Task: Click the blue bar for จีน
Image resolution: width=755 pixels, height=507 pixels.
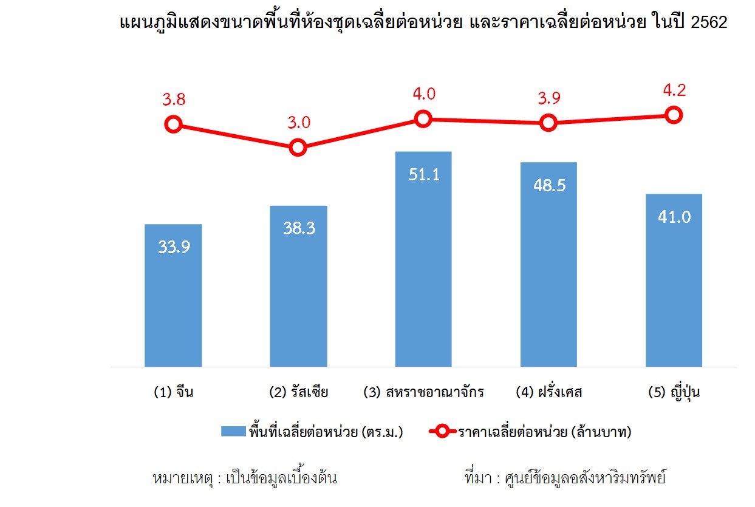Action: pyautogui.click(x=173, y=296)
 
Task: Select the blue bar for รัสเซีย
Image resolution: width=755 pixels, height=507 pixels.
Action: pyautogui.click(x=298, y=286)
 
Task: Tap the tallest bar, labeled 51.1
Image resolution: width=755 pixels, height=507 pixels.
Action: pyautogui.click(x=423, y=259)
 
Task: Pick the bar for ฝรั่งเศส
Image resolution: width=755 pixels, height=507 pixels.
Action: pyautogui.click(x=548, y=265)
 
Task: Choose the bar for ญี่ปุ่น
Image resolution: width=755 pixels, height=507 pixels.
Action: pyautogui.click(x=674, y=281)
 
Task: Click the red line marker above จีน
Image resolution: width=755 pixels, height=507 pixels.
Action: pyautogui.click(x=173, y=124)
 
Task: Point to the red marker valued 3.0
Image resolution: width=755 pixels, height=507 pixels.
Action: pyautogui.click(x=298, y=148)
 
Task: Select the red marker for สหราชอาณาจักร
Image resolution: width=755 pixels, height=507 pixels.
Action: pyautogui.click(x=423, y=118)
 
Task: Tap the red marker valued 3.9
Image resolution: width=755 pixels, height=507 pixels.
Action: pyautogui.click(x=548, y=123)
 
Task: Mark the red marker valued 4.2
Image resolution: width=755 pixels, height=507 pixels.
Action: pyautogui.click(x=673, y=114)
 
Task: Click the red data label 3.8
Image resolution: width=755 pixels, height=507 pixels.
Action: pyautogui.click(x=174, y=100)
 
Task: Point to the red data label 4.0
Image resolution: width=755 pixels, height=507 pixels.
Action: pyautogui.click(x=423, y=94)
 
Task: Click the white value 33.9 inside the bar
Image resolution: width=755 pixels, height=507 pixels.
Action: pyautogui.click(x=173, y=247)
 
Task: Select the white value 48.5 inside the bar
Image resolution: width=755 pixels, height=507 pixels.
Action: pyautogui.click(x=548, y=185)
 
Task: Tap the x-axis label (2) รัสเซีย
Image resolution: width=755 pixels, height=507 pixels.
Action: pyautogui.click(x=298, y=392)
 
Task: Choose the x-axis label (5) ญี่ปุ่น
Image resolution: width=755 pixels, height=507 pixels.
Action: pyautogui.click(x=674, y=392)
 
